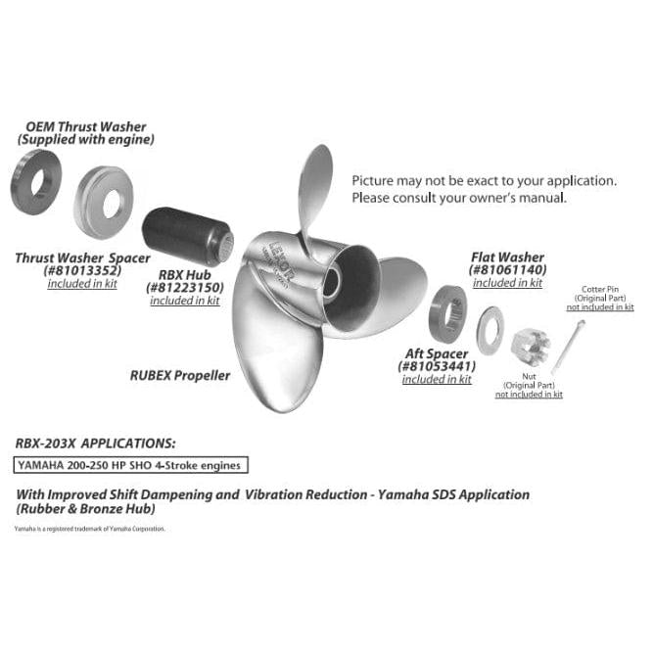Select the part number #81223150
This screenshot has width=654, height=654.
tap(184, 288)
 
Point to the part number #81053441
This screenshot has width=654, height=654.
tap(436, 366)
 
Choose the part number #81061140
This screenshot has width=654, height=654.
tap(507, 269)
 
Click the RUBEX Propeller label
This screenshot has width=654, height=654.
tap(180, 374)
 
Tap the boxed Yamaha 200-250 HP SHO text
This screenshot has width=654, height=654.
tap(129, 465)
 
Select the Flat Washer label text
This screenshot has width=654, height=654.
tap(507, 257)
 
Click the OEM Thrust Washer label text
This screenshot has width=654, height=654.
tap(86, 127)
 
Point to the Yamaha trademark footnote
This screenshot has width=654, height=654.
tap(90, 529)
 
